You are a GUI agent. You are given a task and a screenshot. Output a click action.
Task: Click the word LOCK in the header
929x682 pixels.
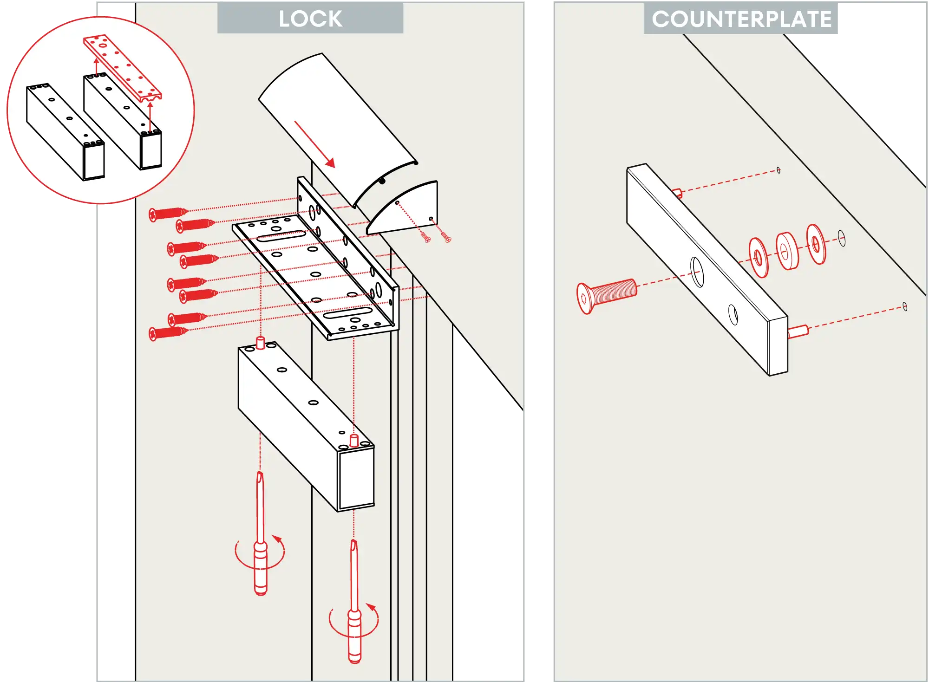tap(310, 19)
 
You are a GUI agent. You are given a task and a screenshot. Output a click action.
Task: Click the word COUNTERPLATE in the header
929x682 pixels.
tap(741, 19)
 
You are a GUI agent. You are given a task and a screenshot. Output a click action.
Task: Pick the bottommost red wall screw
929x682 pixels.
tap(167, 332)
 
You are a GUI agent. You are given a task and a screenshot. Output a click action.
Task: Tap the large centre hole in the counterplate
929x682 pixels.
tap(697, 272)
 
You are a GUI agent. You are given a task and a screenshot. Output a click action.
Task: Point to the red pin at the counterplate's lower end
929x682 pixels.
tap(798, 331)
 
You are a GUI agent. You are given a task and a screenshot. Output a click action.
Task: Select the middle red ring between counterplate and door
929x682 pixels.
tap(787, 251)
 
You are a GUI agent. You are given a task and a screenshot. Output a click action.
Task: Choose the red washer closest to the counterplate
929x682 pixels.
tap(759, 258)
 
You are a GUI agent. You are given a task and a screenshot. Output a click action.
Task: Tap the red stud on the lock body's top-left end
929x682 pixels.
tap(261, 343)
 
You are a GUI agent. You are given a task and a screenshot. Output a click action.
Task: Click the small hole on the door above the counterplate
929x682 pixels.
tap(779, 170)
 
